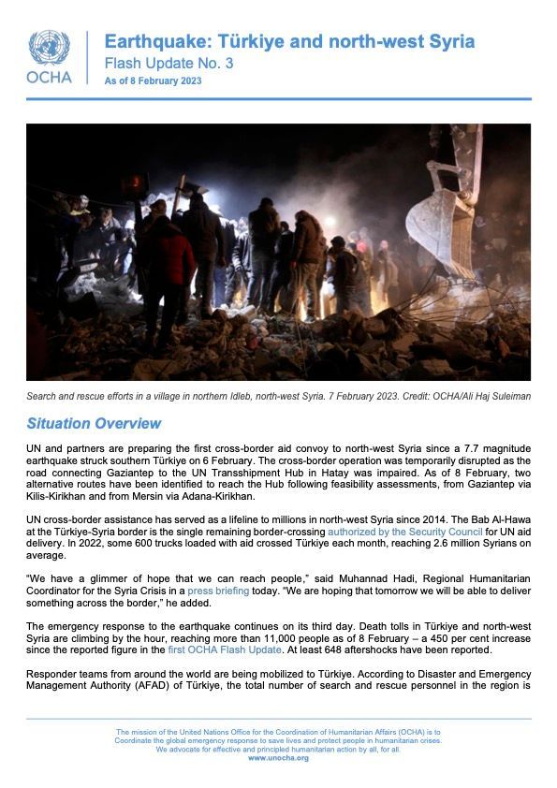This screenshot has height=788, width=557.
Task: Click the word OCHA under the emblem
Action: (49, 78)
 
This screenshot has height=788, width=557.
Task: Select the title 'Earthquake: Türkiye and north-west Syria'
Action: (289, 41)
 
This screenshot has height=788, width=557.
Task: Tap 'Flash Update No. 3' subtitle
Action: (169, 63)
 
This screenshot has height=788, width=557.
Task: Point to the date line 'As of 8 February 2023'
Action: (153, 81)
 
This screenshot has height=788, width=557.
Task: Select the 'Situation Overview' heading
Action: (94, 424)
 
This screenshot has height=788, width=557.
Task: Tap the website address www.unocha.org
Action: (278, 757)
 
